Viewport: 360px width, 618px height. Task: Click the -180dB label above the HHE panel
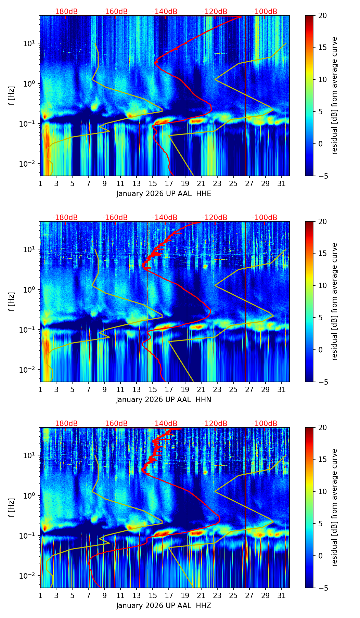(x=65, y=12)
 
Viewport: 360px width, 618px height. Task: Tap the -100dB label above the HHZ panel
(x=265, y=424)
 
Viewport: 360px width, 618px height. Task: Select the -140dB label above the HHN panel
(x=165, y=218)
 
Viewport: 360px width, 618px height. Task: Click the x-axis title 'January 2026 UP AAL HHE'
(x=164, y=194)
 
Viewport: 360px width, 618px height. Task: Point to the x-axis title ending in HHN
(x=164, y=400)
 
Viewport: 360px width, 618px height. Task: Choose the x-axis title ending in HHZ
(x=164, y=606)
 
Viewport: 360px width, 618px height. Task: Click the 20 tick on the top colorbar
(x=322, y=16)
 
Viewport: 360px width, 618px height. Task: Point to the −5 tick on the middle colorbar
(x=322, y=382)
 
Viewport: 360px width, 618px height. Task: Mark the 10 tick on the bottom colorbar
(x=322, y=491)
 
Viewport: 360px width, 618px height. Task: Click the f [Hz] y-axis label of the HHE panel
(x=12, y=95)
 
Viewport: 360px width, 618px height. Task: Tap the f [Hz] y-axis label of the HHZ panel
(x=12, y=507)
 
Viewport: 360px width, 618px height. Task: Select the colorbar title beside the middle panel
(x=334, y=301)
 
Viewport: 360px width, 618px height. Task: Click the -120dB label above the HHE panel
(x=215, y=12)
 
